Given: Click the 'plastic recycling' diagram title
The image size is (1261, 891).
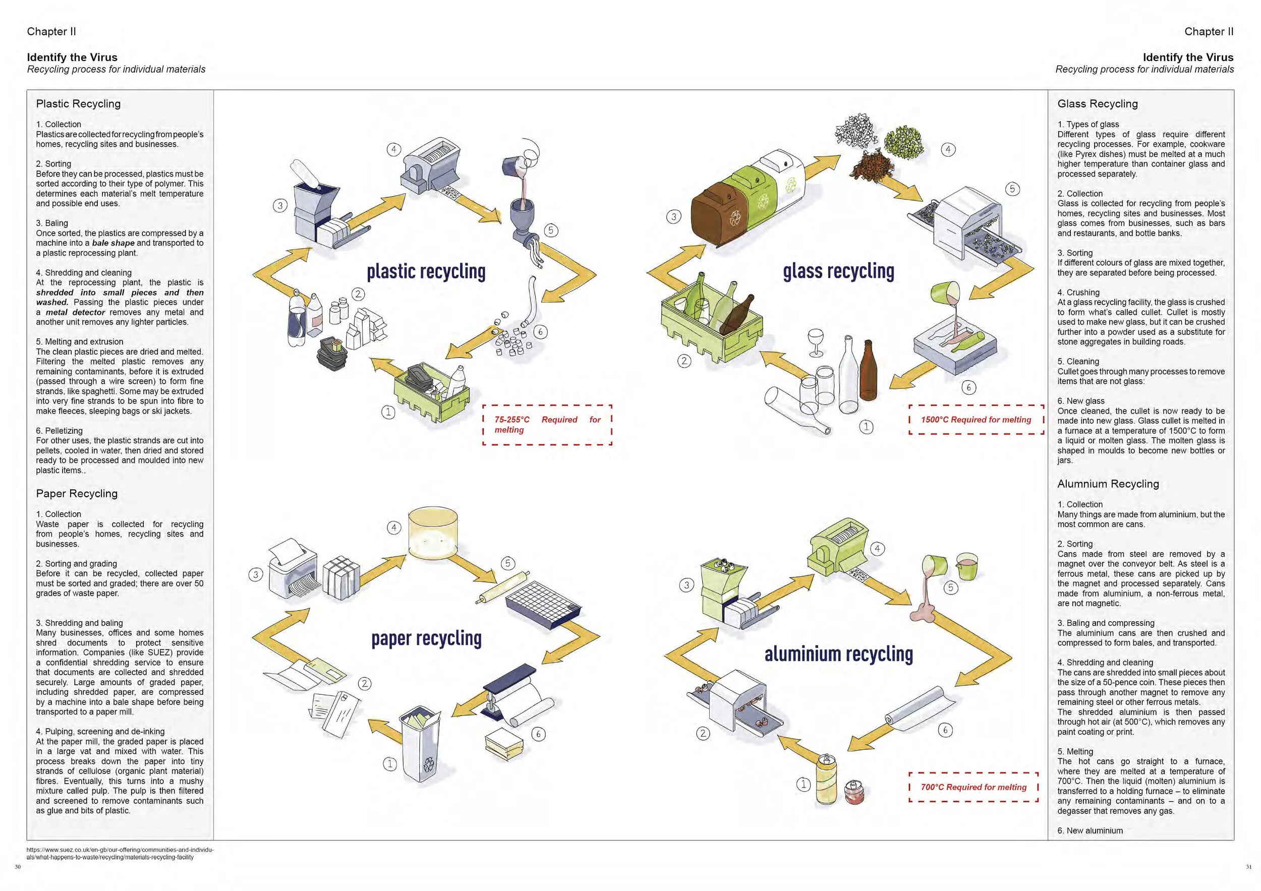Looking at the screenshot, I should tap(426, 272).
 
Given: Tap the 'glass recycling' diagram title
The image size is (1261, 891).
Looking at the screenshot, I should tap(838, 272).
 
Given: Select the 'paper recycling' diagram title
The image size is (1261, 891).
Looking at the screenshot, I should tap(426, 638).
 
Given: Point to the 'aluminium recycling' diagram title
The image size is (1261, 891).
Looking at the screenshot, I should tap(839, 655).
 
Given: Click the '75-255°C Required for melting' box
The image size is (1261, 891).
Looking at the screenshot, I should tap(547, 425).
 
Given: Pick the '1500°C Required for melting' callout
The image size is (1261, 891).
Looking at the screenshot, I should tap(976, 420).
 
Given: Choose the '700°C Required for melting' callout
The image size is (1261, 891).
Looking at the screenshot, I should tap(973, 787).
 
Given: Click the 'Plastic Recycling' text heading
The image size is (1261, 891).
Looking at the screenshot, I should tap(78, 104).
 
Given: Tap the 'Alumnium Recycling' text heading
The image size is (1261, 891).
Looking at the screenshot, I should tap(1108, 484).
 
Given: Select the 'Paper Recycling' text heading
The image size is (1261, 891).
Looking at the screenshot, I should tap(77, 494).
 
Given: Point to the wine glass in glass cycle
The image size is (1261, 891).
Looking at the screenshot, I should tap(816, 342).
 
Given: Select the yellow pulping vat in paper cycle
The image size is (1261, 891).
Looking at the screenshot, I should tap(433, 534).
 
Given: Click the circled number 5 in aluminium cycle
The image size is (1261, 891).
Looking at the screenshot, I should tap(951, 588).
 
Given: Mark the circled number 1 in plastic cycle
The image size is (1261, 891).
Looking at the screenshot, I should tap(388, 412).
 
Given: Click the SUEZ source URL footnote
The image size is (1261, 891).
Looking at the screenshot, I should tap(120, 853).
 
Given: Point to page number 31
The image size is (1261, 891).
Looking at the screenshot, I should tap(1249, 867).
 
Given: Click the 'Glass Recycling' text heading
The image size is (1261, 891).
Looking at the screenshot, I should tap(1098, 104).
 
